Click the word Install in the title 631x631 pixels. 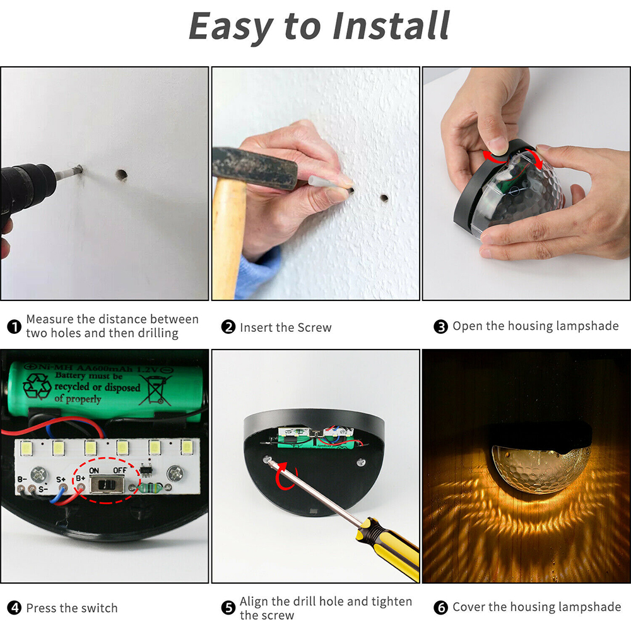(391, 26)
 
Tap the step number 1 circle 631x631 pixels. (14, 327)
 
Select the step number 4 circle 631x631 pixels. (14, 608)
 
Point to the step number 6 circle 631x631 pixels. (440, 607)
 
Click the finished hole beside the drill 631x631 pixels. (121, 175)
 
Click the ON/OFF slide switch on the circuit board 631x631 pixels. (107, 485)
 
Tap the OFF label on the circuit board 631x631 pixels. (119, 470)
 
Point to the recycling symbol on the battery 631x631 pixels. (37, 387)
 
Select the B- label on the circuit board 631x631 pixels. (22, 480)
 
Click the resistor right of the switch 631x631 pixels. (149, 488)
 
